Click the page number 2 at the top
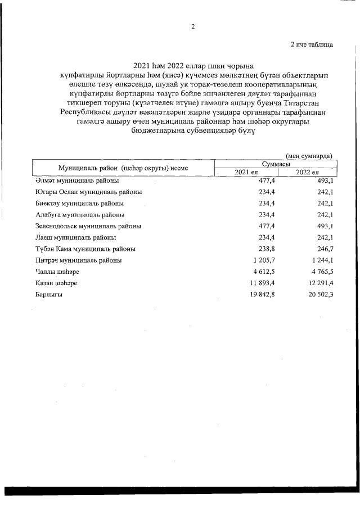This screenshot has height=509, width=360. [x=192, y=26]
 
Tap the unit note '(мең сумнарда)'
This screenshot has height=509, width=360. [x=309, y=155]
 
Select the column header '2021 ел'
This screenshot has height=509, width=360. [x=246, y=172]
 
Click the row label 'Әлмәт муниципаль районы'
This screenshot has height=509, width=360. [x=76, y=181]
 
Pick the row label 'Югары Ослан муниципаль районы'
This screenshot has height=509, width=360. [x=88, y=192]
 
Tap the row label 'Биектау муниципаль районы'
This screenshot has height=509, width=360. [x=79, y=203]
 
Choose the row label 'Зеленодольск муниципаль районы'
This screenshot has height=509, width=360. [x=88, y=226]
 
